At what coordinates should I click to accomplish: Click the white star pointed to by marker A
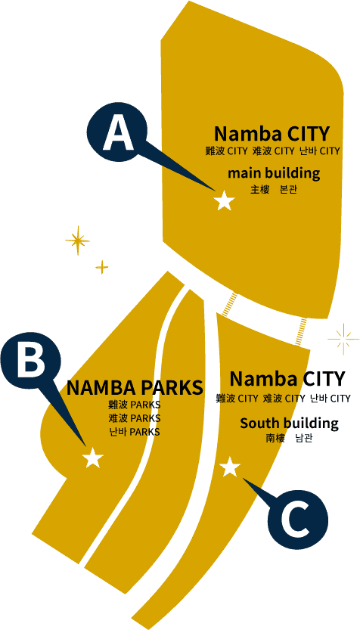coord(224,200)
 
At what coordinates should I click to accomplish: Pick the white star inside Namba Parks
coord(93,458)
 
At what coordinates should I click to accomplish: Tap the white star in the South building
coord(230,467)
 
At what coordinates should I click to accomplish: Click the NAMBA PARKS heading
coord(135,388)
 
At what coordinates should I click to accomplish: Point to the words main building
coord(274,173)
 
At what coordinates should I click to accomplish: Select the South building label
coord(289,423)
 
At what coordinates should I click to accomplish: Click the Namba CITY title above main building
coord(272,133)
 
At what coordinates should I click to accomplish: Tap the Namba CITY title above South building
coord(287,378)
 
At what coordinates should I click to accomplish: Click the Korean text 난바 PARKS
coord(134,432)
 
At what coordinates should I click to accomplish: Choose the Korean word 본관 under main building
coord(288,190)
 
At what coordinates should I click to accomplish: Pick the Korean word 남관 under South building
coord(304,438)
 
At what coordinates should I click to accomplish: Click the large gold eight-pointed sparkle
coord(78,241)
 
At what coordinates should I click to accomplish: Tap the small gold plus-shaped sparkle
coord(102,267)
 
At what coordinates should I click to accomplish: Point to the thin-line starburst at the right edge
coord(343,339)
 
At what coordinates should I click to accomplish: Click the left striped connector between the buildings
coord(230,304)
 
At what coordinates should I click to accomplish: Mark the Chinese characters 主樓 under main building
coord(259,190)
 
